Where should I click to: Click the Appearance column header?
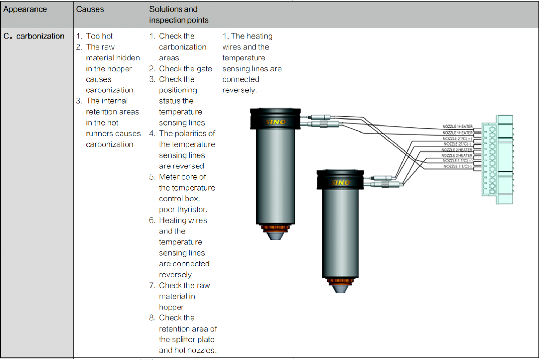(x=25, y=9)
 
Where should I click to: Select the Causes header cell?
(x=90, y=9)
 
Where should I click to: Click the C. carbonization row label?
(x=34, y=36)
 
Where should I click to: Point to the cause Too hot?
(x=99, y=36)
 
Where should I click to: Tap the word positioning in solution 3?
(x=178, y=90)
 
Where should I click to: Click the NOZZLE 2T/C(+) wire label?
(x=457, y=139)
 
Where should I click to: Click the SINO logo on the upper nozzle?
(x=276, y=122)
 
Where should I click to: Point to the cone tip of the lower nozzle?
(x=340, y=289)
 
